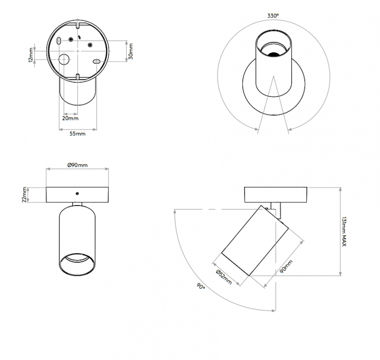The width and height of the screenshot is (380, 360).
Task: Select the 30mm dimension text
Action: tap(131, 51)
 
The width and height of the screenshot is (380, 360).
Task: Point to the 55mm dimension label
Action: tap(77, 134)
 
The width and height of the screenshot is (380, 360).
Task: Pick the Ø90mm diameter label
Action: tap(77, 165)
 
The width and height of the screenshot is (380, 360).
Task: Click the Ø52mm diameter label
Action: tap(223, 277)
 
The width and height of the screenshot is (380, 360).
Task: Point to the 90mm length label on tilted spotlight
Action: tap(286, 268)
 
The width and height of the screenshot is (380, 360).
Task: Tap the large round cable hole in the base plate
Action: tap(63, 59)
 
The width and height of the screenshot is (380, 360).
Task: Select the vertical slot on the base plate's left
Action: tap(58, 41)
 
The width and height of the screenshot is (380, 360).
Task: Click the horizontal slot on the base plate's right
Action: tap(96, 61)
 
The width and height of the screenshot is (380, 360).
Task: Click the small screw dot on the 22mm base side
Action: tap(77, 193)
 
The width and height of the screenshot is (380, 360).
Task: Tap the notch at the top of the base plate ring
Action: tap(77, 23)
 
